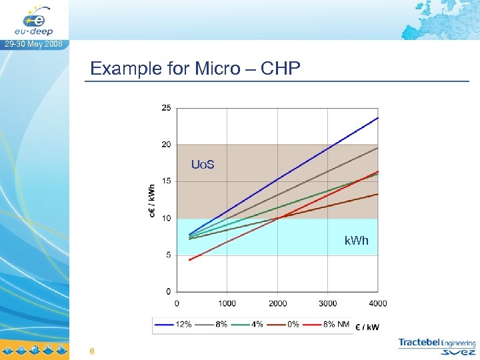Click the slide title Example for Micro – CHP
tap(195, 68)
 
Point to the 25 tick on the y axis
tap(166, 107)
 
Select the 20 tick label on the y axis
tap(166, 144)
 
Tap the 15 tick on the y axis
tap(166, 181)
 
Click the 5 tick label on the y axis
tap(168, 255)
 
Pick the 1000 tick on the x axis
tap(227, 303)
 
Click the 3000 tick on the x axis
tap(328, 303)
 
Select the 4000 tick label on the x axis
tap(378, 303)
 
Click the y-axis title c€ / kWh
tap(152, 200)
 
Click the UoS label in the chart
tap(203, 164)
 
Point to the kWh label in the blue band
tap(356, 240)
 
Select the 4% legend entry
tap(251, 325)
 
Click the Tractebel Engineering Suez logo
tap(437, 347)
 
